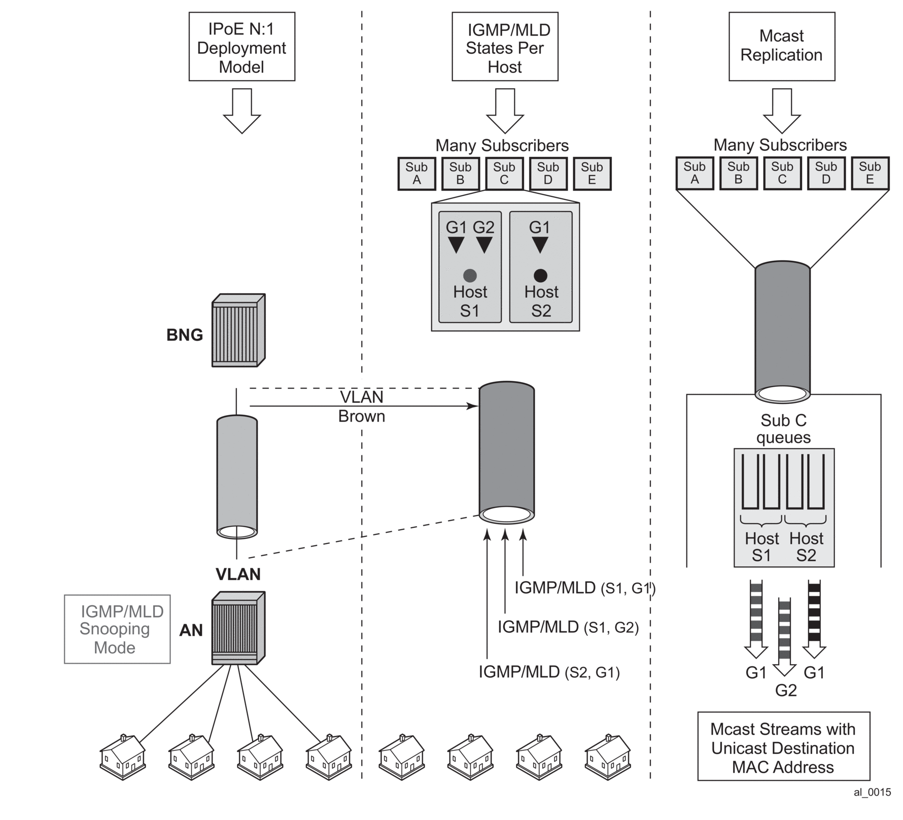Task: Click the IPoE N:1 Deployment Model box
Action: pos(241,47)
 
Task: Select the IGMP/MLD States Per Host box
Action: pos(505,47)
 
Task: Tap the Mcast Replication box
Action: pos(781,47)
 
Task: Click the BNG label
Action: pos(185,335)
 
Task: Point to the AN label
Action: pos(191,630)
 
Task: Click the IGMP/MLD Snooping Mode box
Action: pos(117,629)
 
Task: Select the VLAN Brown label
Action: pos(362,406)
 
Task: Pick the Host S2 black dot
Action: pos(540,276)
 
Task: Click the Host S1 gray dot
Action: pos(470,276)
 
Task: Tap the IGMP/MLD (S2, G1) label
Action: pos(549,672)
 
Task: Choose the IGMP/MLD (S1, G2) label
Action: pos(568,627)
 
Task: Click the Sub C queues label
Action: pos(783,429)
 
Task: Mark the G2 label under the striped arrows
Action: pos(786,690)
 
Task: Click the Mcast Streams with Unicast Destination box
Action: pos(783,748)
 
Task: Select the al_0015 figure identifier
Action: pos(872,792)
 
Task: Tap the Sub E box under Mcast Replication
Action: pos(870,174)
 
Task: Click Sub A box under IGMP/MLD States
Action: pos(416,174)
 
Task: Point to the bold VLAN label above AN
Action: pos(238,574)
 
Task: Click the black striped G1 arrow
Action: pos(814,619)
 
